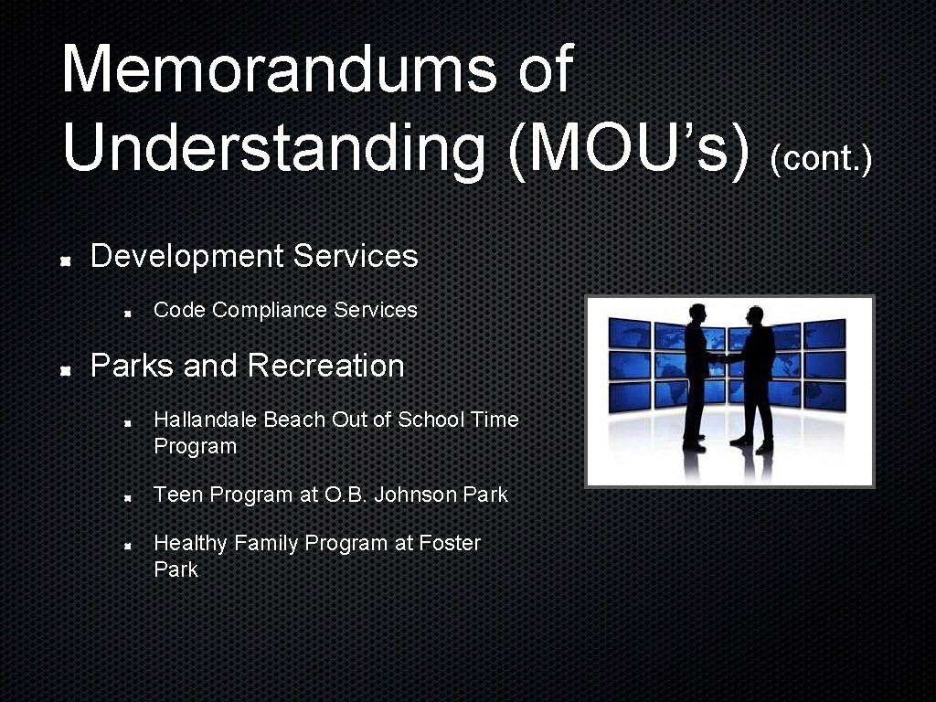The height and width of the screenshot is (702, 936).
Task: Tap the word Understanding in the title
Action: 273,148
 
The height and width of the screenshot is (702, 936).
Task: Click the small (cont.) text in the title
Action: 821,159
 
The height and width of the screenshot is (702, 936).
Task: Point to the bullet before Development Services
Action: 67,261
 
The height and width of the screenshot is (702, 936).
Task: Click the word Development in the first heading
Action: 187,257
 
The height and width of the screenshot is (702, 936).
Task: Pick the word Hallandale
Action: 206,420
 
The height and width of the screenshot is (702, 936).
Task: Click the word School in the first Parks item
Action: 431,420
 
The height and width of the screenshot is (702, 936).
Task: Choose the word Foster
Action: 450,543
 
